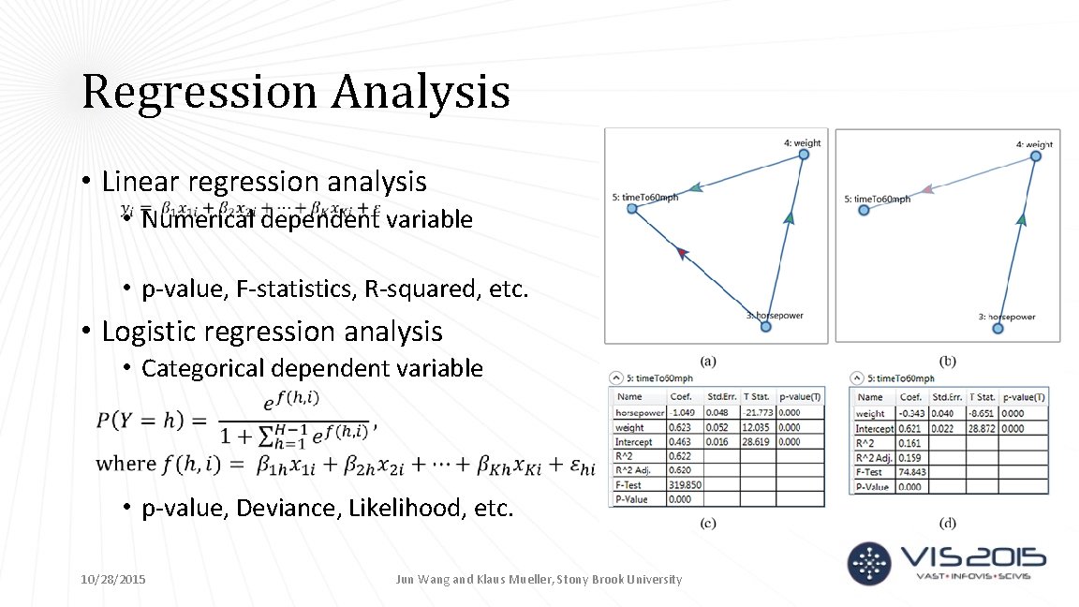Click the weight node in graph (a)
tap(803, 156)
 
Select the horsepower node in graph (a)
tap(765, 326)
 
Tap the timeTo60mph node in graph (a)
tap(631, 209)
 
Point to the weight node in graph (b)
tap(1035, 156)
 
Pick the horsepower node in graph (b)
tap(998, 327)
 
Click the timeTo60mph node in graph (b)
tap(864, 210)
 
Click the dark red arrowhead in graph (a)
tap(682, 252)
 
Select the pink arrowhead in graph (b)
tap(926, 190)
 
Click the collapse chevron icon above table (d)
tap(857, 378)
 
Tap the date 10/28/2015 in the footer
tap(113, 580)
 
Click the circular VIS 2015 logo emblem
tap(870, 563)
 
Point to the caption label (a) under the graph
tap(708, 361)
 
